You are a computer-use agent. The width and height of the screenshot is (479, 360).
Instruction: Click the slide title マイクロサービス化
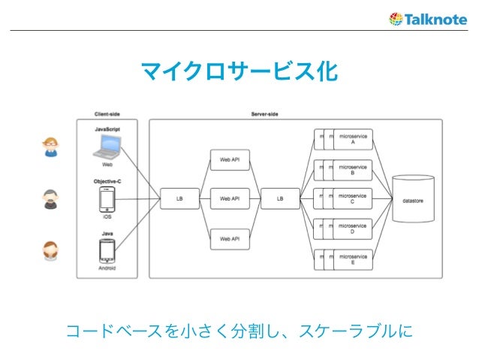coord(239,72)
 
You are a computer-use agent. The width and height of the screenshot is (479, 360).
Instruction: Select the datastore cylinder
coord(414,199)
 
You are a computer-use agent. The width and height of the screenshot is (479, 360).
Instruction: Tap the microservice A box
coord(352,140)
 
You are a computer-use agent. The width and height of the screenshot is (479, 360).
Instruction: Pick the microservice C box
coord(352,199)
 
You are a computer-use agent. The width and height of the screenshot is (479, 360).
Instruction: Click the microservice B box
coord(352,170)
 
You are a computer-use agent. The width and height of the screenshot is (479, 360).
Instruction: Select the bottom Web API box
coord(229,238)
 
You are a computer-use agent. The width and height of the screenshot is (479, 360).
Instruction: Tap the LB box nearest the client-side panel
coord(179,199)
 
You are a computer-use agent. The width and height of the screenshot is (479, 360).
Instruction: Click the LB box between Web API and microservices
coord(279,199)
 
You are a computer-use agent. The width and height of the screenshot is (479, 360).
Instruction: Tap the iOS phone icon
coord(107,199)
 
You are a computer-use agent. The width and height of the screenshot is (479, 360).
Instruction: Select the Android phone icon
coord(107,250)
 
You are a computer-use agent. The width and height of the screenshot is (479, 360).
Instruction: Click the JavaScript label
coord(107,129)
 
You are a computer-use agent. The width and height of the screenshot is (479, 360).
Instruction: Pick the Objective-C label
coord(107,181)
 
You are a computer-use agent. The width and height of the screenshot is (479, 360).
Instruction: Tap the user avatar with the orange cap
coord(50,147)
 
